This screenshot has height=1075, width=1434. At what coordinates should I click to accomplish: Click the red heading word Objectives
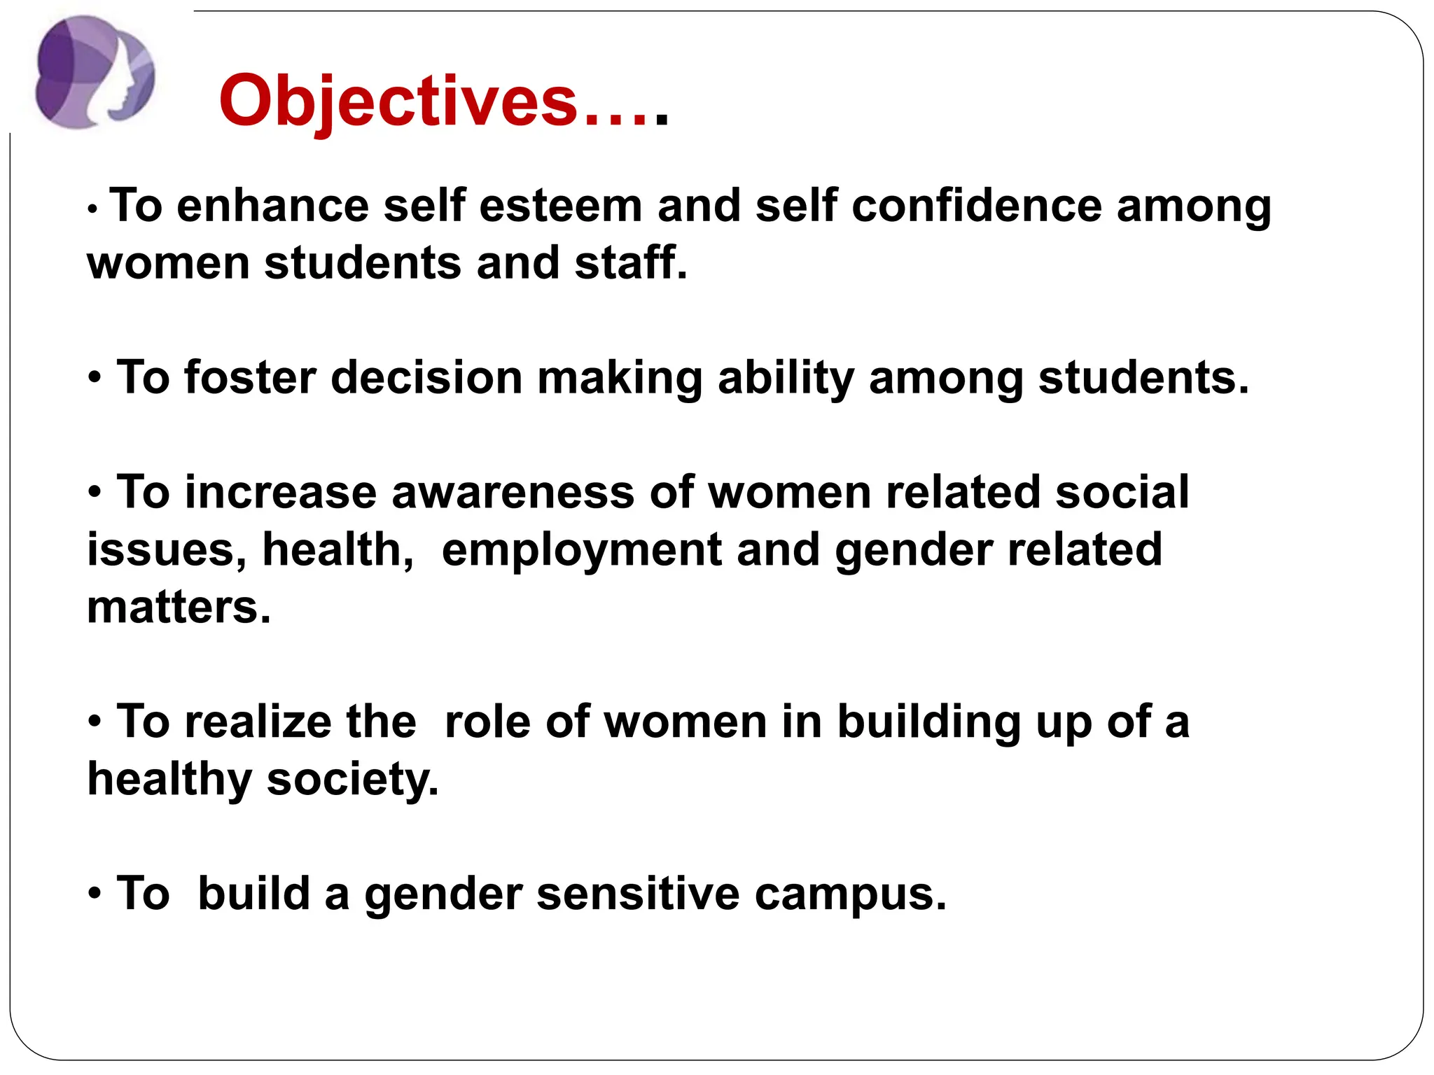tap(398, 101)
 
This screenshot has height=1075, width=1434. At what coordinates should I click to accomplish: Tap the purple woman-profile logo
tap(95, 72)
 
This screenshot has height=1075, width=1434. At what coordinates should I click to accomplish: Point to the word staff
tap(630, 263)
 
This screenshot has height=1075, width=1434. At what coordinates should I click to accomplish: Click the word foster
tap(250, 378)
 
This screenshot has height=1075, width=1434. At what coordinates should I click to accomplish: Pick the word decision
tap(426, 378)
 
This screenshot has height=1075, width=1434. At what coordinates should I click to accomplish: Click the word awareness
tap(513, 493)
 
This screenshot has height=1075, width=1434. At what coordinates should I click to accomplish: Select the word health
tap(337, 550)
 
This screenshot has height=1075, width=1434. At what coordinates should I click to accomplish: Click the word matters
tap(178, 607)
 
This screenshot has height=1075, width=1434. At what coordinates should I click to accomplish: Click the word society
tap(352, 780)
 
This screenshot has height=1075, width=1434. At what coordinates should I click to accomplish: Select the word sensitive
tap(637, 894)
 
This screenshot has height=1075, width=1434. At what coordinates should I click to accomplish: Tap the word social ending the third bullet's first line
tap(1122, 493)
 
